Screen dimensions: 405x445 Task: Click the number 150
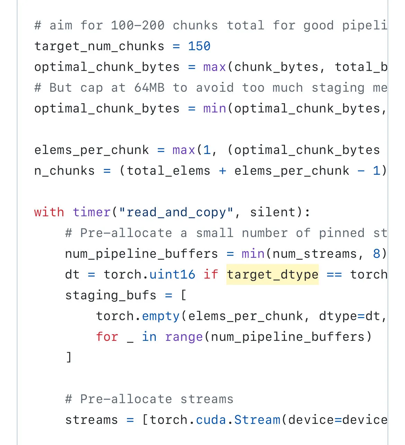click(199, 46)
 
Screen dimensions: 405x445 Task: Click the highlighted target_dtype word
click(272, 275)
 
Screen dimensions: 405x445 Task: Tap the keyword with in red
click(49, 212)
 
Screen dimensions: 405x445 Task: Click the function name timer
click(92, 212)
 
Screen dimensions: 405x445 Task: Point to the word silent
click(273, 212)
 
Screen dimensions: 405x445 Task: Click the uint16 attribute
click(172, 275)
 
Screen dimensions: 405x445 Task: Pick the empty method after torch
click(161, 316)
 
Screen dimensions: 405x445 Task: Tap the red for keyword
click(107, 337)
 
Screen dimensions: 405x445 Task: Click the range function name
click(184, 337)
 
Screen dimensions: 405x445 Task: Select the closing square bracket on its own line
click(69, 357)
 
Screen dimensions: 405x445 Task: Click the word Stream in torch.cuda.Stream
click(257, 420)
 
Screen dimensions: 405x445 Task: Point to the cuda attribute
click(211, 420)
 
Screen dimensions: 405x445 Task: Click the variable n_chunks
click(64, 171)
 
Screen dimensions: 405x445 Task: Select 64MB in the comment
click(149, 88)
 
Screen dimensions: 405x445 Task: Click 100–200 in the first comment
click(137, 25)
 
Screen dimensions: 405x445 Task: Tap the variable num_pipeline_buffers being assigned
click(142, 254)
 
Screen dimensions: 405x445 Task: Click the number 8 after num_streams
click(376, 254)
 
